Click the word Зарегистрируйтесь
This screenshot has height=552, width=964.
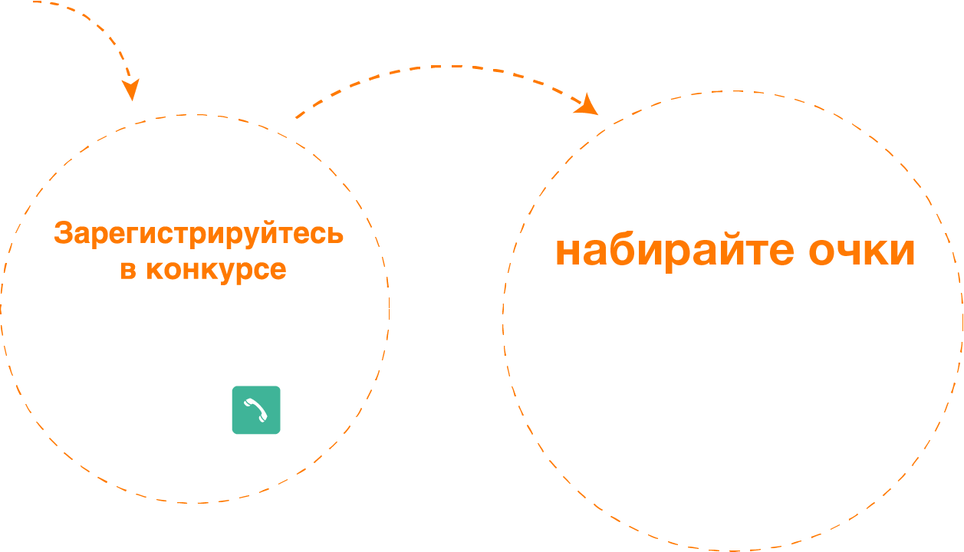(x=199, y=234)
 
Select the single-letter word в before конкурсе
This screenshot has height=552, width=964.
(x=127, y=270)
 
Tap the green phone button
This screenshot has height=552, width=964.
(x=256, y=410)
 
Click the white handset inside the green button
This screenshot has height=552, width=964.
(x=255, y=410)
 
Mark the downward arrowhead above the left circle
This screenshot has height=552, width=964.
(x=132, y=90)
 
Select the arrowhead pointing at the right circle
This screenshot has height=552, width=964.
(x=588, y=105)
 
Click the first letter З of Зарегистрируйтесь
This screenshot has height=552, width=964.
(x=63, y=234)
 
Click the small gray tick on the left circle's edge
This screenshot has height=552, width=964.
(x=389, y=309)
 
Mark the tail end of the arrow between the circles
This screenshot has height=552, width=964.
(x=297, y=117)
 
